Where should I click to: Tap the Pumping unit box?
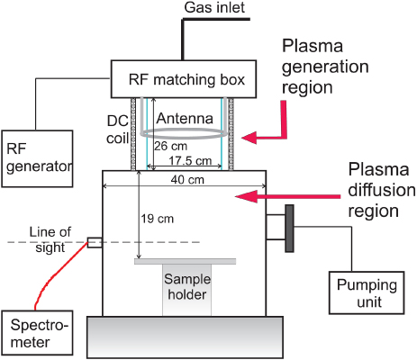point(365,292)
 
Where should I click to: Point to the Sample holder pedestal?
point(186,290)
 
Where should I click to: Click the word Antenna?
point(184,117)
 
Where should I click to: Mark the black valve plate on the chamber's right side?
point(289,229)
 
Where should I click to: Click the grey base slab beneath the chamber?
point(186,338)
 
